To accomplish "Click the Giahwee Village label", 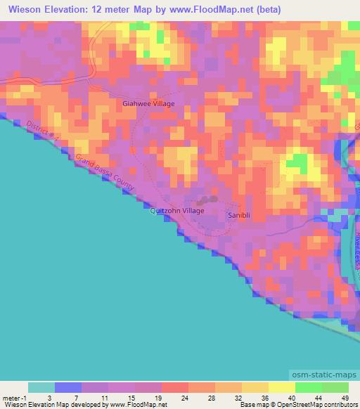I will pyautogui.click(x=148, y=103).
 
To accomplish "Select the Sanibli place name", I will pyautogui.click(x=238, y=214).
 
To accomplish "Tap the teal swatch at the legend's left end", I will pyautogui.click(x=41, y=387).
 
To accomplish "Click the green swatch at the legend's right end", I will pyautogui.click(x=335, y=387).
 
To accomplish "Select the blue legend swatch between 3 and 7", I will pyautogui.click(x=68, y=387).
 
